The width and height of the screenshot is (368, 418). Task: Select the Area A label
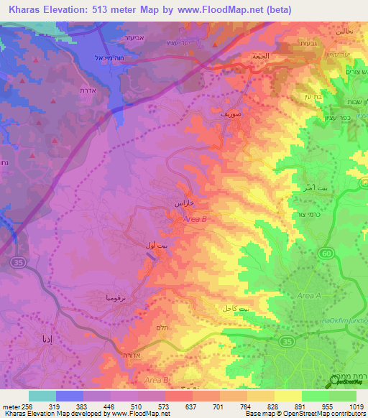pos(309,296)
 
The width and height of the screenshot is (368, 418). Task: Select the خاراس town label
pos(185,204)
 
